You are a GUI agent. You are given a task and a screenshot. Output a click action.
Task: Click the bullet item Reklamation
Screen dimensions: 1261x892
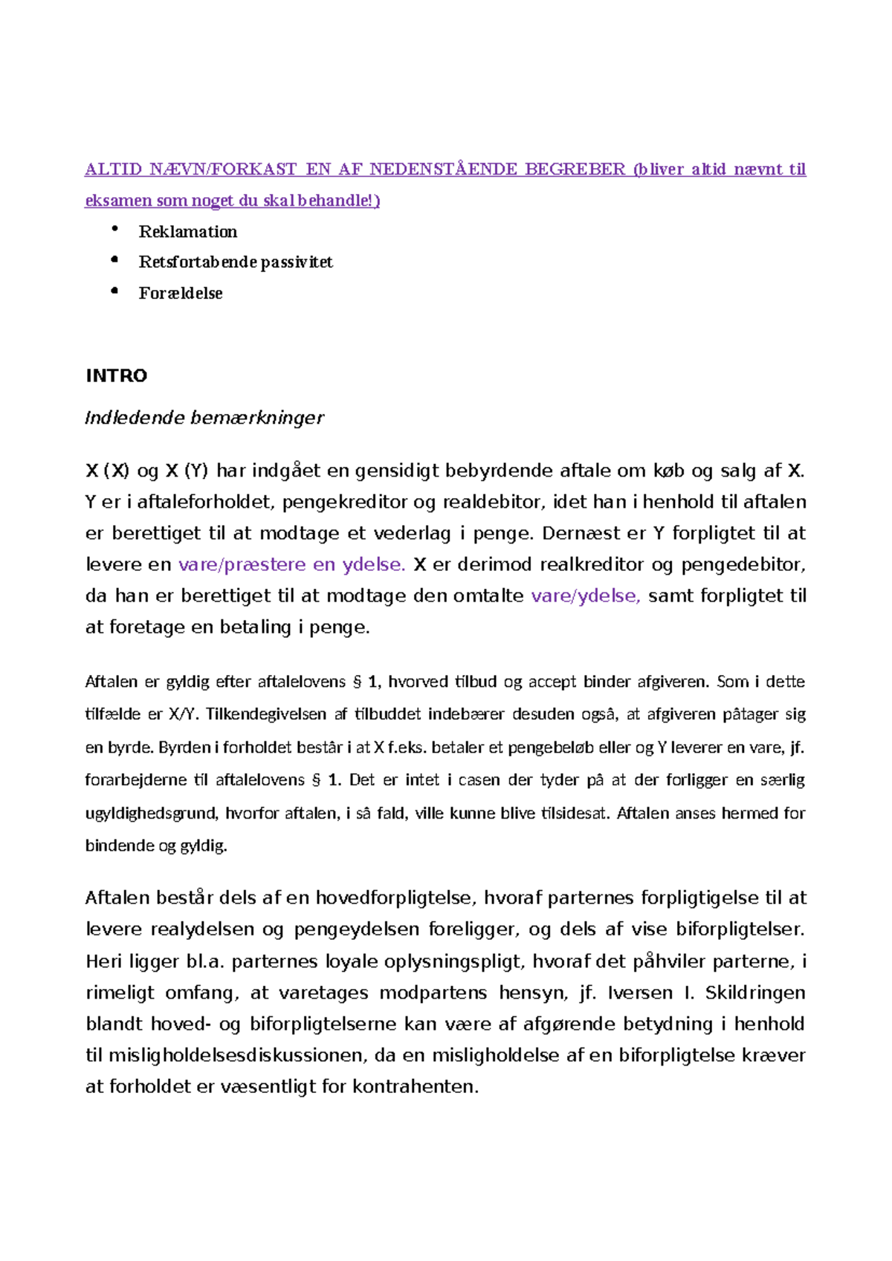coord(187,232)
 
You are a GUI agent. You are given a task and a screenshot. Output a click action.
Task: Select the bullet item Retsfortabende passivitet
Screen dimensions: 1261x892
coord(236,262)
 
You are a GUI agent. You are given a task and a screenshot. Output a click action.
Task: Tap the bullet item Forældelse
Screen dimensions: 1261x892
coord(181,294)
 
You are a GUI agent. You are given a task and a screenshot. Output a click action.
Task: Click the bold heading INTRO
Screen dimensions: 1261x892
coord(117,375)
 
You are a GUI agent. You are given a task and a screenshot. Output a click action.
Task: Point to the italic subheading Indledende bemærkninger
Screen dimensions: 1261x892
coord(204,418)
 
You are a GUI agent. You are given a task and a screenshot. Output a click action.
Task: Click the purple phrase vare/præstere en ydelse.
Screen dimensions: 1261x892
coord(291,564)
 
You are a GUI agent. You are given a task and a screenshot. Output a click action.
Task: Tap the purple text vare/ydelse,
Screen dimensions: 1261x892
coord(586,596)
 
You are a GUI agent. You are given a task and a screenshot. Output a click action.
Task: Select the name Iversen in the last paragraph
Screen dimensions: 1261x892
coord(636,993)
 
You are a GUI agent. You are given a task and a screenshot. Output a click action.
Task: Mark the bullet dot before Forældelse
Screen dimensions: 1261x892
coord(114,291)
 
